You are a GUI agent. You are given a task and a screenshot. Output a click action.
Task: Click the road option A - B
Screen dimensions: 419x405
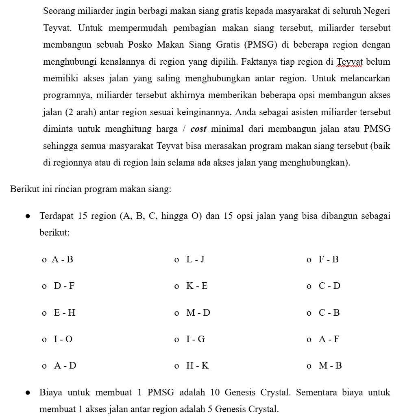(x=62, y=260)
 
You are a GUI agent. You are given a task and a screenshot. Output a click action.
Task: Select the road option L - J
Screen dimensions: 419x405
(x=195, y=260)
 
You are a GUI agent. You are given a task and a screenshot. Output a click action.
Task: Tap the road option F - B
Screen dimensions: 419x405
(x=329, y=260)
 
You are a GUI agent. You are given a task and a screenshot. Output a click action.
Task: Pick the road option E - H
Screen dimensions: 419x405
(x=65, y=313)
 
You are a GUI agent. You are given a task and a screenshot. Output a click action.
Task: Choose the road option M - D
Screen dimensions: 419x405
(x=198, y=313)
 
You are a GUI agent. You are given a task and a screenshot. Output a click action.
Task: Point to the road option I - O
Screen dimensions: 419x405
(x=63, y=339)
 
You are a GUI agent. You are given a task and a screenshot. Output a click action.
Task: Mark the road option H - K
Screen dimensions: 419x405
(x=197, y=366)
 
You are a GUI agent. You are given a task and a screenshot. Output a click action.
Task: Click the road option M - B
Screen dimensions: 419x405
(x=330, y=366)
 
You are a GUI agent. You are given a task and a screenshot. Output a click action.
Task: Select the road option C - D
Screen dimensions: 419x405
(x=329, y=286)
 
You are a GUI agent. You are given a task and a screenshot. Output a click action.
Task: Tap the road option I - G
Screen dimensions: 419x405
(x=196, y=339)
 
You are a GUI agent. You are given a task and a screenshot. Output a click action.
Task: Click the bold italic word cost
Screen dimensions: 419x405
(x=198, y=129)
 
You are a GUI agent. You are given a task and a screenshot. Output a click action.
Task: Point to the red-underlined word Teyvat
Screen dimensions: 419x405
(x=348, y=62)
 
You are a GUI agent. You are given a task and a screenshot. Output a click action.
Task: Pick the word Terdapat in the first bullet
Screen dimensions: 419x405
(x=56, y=216)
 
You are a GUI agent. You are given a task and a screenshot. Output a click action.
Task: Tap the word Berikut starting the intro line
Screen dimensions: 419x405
(x=25, y=189)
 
